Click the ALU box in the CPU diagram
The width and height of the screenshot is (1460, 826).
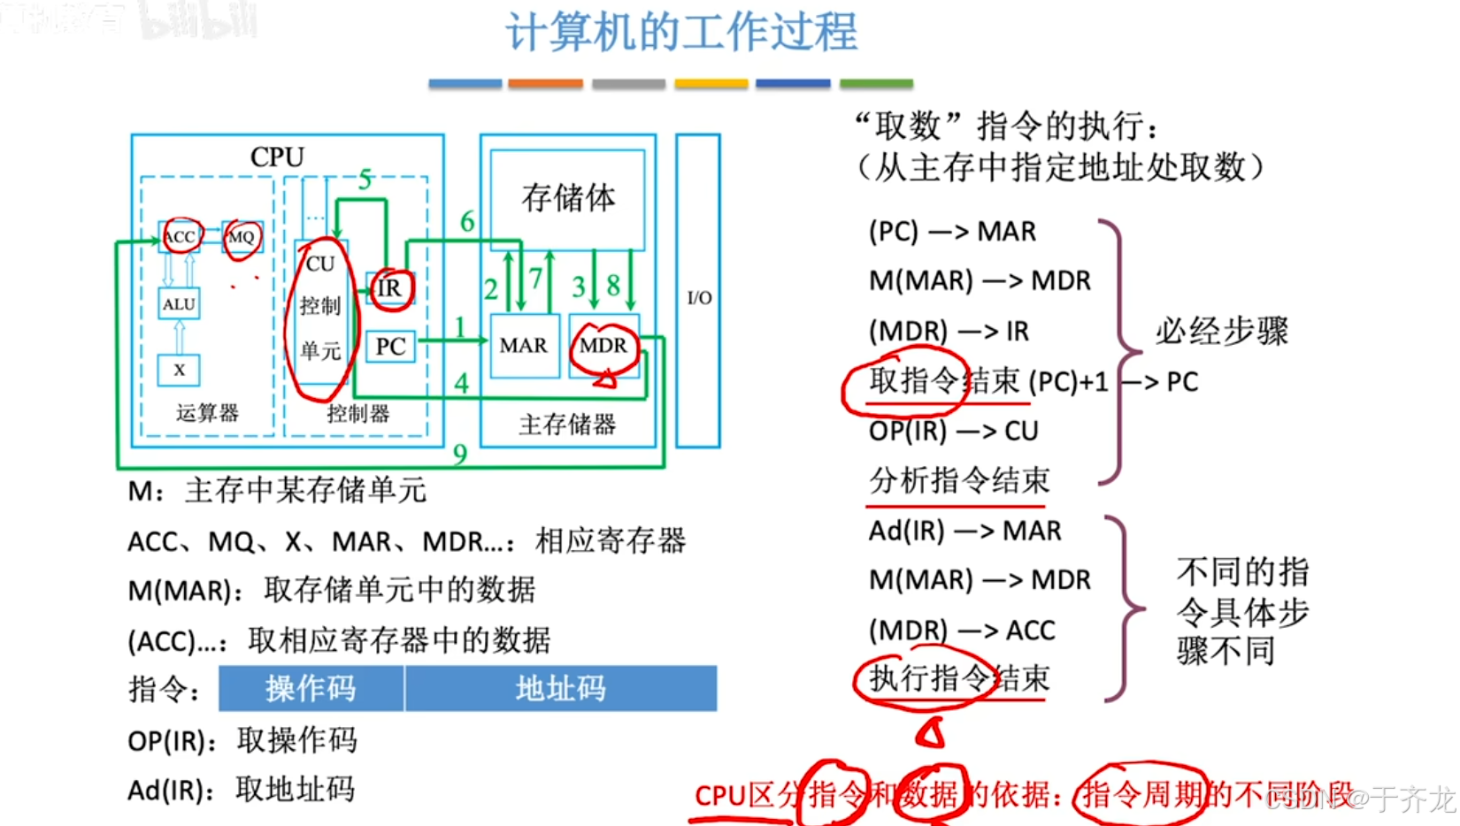tap(179, 303)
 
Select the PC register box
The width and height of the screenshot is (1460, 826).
tap(390, 346)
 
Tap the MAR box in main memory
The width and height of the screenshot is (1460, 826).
tap(524, 345)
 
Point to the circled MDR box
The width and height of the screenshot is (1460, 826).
tap(603, 345)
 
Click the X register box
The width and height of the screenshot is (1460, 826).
tap(179, 370)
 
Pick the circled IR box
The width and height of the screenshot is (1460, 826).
tap(389, 288)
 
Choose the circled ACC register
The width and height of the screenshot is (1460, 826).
tap(180, 236)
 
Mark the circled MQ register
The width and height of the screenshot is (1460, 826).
tap(241, 236)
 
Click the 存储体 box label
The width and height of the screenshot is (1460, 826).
tap(568, 198)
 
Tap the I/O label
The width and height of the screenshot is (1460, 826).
tap(699, 297)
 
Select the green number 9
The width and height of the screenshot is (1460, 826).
tap(460, 454)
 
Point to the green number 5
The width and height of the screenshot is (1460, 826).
tap(365, 180)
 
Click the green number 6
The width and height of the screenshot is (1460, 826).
tap(467, 221)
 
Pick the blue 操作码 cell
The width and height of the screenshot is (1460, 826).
tap(311, 688)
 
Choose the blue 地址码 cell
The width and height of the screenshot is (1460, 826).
tap(561, 688)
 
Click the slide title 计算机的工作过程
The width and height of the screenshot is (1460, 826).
tap(681, 33)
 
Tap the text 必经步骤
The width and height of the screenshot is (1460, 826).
tap(1222, 332)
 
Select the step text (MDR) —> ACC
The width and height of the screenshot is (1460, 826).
tap(962, 630)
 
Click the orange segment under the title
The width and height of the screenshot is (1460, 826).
tap(545, 84)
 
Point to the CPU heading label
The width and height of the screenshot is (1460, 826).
tap(277, 157)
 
